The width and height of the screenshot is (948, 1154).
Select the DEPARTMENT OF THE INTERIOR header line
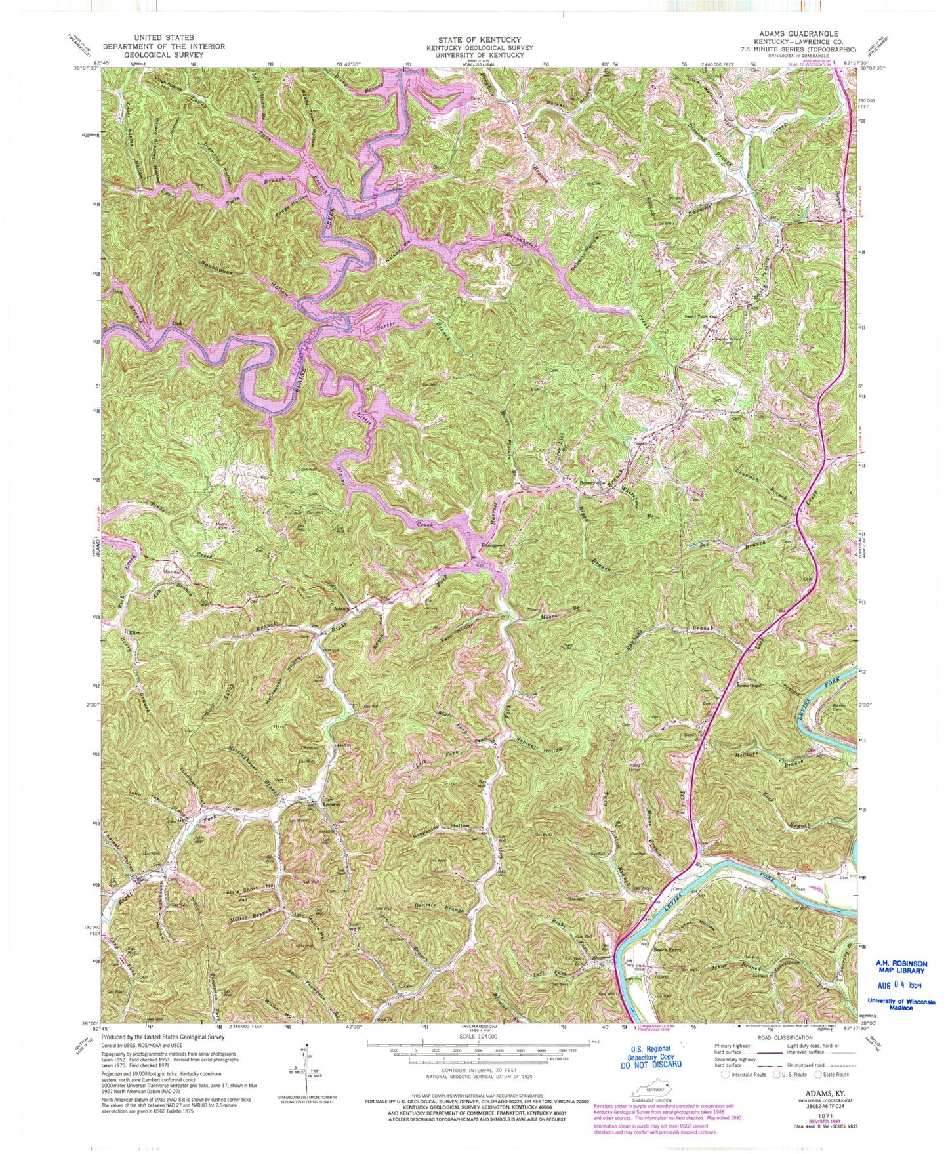click(x=163, y=47)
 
